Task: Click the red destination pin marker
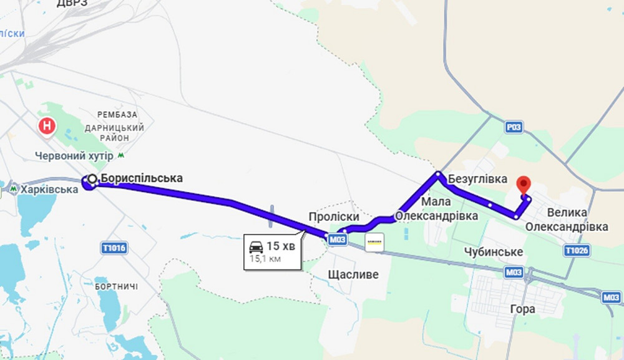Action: (524, 185)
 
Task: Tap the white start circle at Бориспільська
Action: (92, 179)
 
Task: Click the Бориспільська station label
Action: (142, 178)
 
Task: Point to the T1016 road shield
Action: (114, 248)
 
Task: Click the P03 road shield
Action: (514, 127)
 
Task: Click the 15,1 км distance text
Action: (265, 258)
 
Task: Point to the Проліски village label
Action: (334, 216)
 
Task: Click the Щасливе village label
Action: (353, 275)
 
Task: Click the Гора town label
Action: (522, 309)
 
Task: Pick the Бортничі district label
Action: (117, 286)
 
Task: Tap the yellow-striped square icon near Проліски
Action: (375, 242)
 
